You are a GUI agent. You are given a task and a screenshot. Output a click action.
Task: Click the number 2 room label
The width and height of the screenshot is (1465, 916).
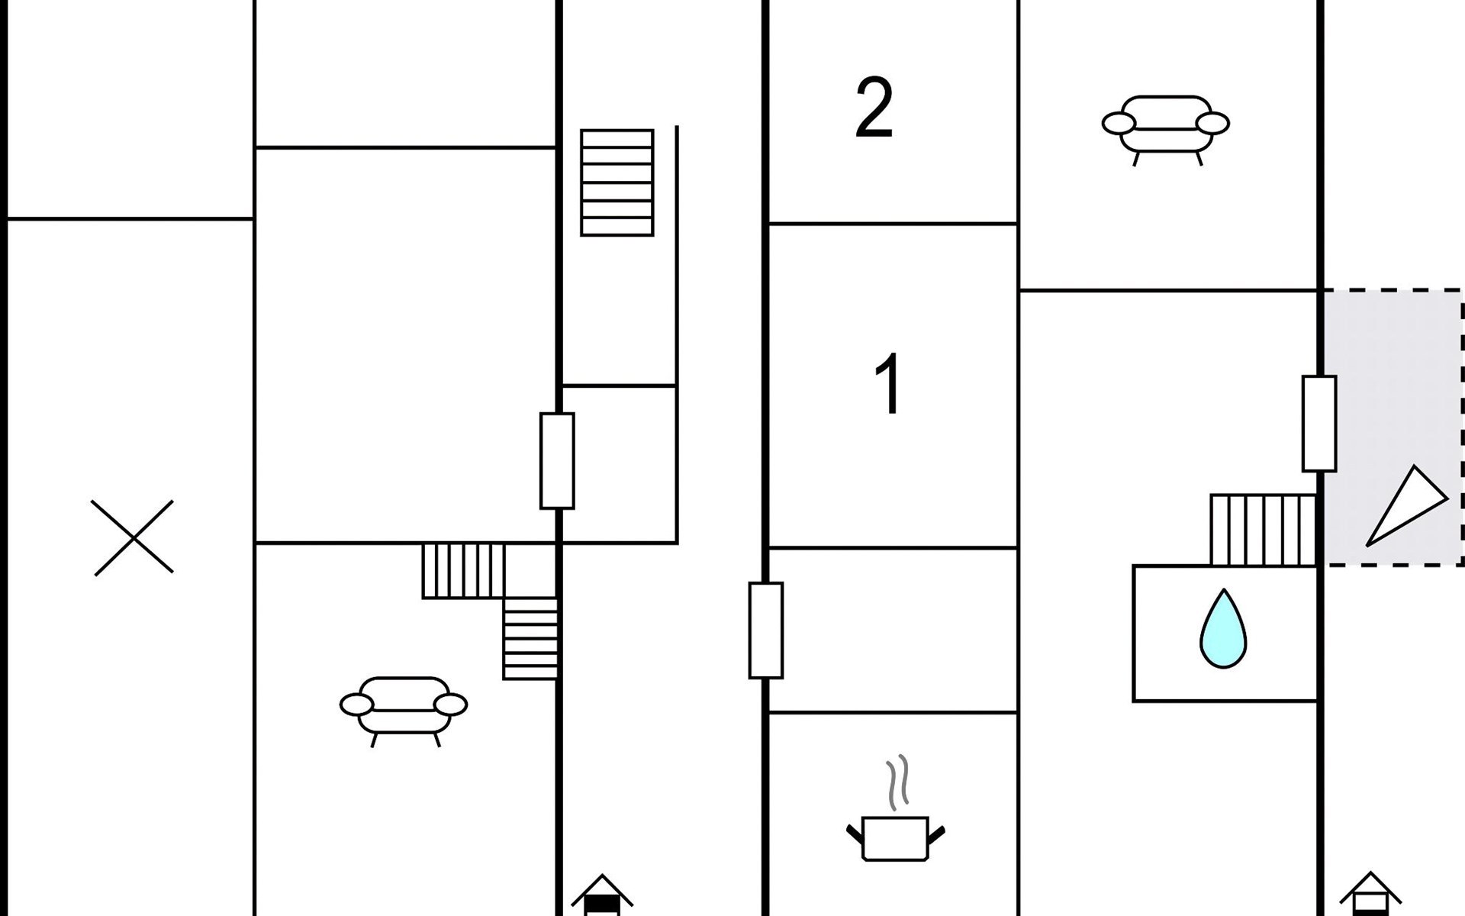tap(874, 108)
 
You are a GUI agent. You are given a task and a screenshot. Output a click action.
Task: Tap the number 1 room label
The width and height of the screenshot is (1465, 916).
tap(888, 384)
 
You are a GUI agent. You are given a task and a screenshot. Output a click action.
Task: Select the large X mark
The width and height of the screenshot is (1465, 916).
tap(134, 537)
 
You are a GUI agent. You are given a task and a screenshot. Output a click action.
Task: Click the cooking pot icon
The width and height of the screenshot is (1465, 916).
tap(895, 837)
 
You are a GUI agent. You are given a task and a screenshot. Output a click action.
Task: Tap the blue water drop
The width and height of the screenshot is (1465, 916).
tap(1222, 630)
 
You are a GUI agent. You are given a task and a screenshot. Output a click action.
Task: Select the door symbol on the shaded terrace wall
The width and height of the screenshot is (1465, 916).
tap(1318, 424)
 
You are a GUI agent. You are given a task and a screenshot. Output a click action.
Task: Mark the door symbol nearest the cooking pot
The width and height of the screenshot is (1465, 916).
tap(765, 631)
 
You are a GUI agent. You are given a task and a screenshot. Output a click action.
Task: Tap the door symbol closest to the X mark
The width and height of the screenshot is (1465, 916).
tap(557, 460)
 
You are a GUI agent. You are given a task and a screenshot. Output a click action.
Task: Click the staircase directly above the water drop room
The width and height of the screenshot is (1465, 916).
tap(1263, 530)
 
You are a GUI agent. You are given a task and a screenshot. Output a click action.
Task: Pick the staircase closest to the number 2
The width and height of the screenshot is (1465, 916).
tap(617, 182)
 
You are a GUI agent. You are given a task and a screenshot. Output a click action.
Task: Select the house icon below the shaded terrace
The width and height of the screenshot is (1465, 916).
tap(1370, 895)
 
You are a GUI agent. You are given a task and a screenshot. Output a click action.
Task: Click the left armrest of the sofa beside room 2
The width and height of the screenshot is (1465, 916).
tap(1118, 123)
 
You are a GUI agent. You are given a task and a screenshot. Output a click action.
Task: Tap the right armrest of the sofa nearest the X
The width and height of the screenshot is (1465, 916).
tap(450, 705)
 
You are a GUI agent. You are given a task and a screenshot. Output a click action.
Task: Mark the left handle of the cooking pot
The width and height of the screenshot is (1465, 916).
tap(855, 833)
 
